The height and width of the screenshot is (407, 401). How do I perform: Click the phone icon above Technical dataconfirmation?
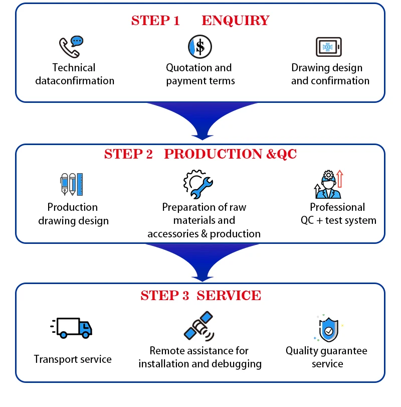coord(70,47)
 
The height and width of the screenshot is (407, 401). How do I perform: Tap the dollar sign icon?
coord(199,47)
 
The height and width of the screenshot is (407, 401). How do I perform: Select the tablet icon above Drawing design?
coord(329,47)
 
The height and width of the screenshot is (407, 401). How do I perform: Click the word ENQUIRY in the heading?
coord(235,21)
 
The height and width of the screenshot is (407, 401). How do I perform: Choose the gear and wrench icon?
coord(198,184)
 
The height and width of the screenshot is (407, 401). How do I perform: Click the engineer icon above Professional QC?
coord(328,185)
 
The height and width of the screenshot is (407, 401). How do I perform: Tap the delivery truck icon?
coord(73,327)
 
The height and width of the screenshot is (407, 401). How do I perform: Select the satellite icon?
coord(199,326)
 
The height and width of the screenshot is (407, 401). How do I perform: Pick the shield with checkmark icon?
coord(328,329)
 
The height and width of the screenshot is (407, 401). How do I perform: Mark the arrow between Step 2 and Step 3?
coord(203,262)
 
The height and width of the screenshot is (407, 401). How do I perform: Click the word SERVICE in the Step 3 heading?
coord(229,296)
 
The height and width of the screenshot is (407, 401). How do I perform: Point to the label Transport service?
coord(73,359)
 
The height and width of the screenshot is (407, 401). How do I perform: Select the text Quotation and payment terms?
coord(199,74)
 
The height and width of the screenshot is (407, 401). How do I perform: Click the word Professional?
coord(337,207)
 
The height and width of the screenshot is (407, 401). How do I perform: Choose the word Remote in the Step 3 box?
coord(168,351)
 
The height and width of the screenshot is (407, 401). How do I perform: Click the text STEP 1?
coord(155,21)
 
